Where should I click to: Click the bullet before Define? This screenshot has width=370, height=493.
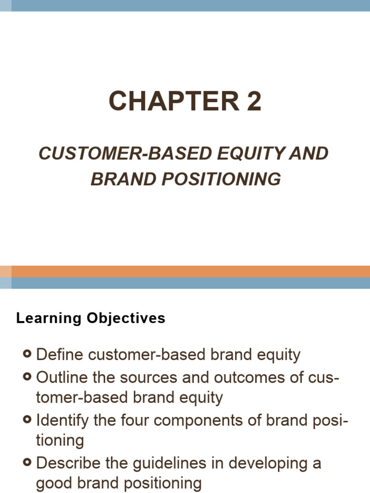tap(27, 355)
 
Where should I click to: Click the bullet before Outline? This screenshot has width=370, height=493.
tap(27, 376)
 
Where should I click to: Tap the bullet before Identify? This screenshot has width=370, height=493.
tap(27, 420)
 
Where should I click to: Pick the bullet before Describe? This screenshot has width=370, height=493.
tap(27, 463)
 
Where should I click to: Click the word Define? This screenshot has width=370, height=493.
tap(60, 355)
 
